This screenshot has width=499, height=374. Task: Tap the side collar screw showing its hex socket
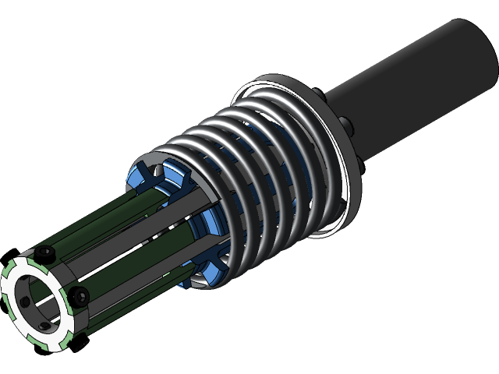click(x=78, y=295)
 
